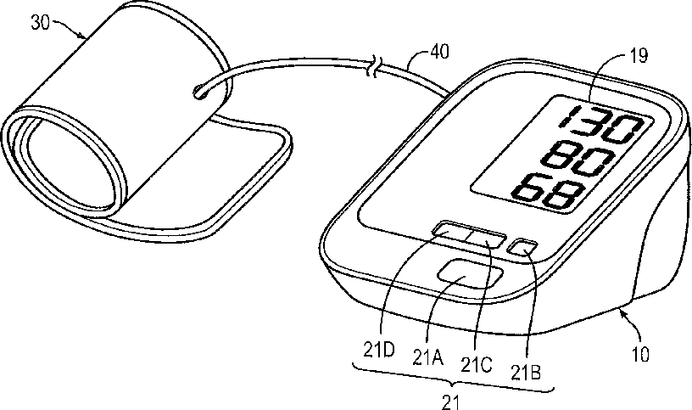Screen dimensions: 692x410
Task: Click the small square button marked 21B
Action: point(520,247)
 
